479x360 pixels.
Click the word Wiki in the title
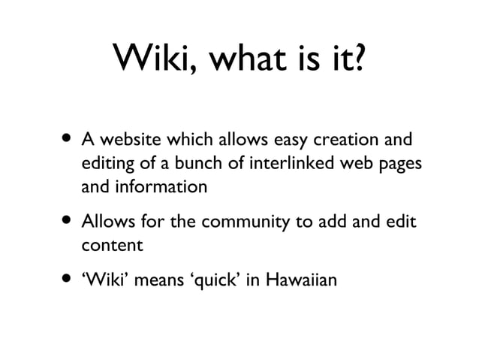click(152, 58)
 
